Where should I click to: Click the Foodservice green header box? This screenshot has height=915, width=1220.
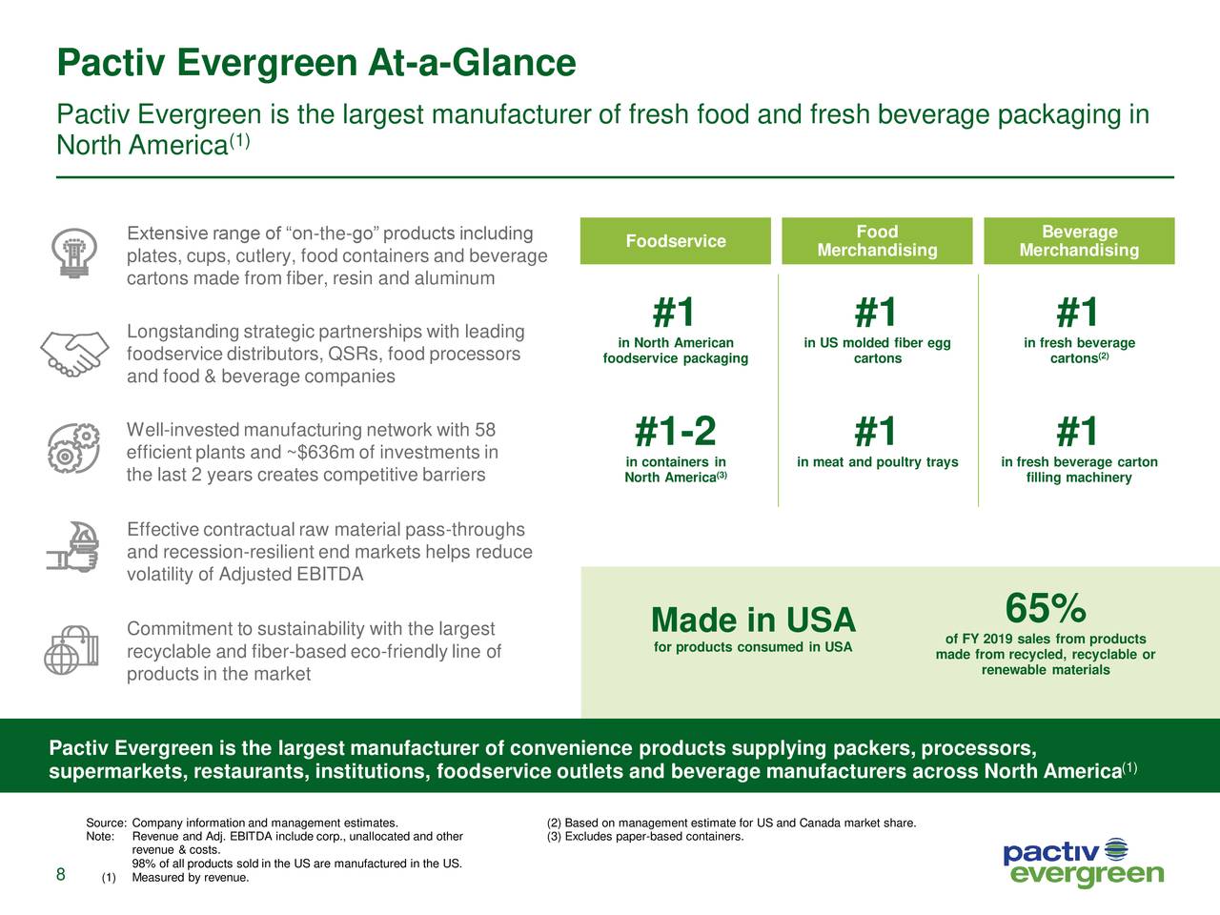coord(675,241)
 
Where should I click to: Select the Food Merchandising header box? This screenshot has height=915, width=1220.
coord(877,241)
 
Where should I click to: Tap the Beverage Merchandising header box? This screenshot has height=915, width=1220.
coord(1079,241)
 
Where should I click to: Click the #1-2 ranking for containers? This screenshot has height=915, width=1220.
coord(675,432)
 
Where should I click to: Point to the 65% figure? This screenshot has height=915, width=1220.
coord(1045,608)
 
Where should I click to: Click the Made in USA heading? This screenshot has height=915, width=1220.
coord(753,620)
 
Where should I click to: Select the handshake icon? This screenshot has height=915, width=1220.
coord(73,353)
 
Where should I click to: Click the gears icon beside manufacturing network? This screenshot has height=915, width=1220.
coord(73,447)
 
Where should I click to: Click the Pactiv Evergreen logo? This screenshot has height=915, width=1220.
coord(1083,863)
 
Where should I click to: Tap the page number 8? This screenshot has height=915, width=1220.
coord(60,876)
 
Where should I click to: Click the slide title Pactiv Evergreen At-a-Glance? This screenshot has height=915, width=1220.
coord(316,64)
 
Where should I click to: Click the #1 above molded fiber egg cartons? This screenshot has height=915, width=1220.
coord(876,313)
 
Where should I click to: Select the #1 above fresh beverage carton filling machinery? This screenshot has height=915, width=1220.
coord(1078,432)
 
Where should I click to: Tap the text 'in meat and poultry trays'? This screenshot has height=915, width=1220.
coord(877,462)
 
